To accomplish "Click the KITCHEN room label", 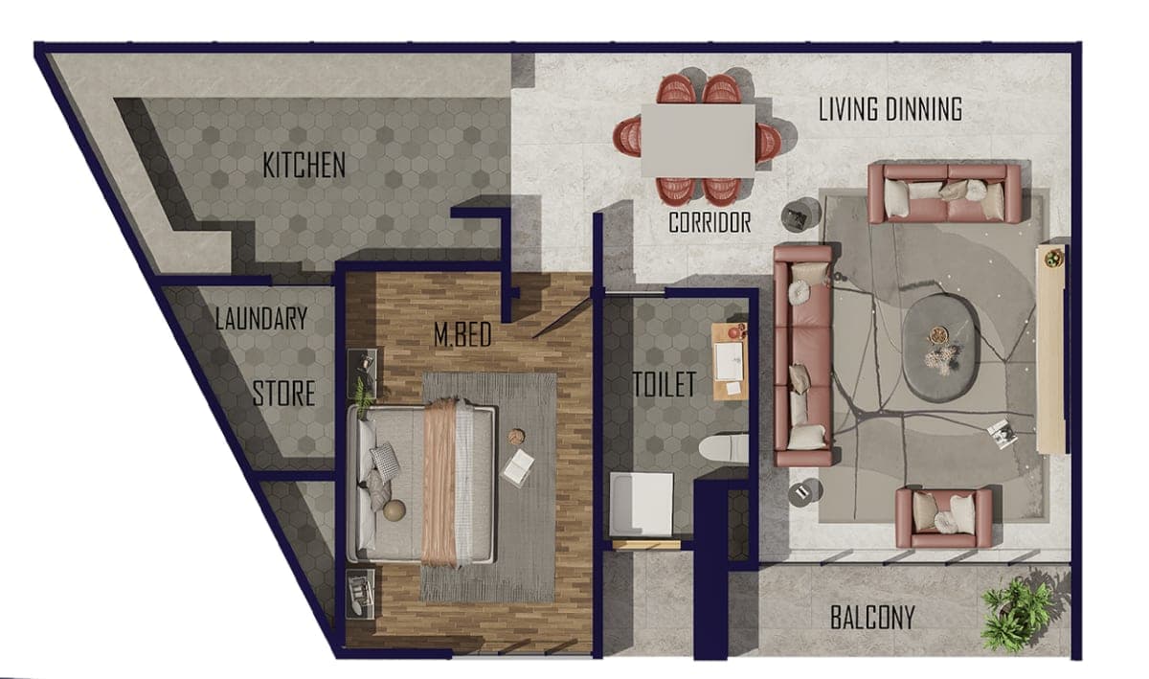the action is pyautogui.click(x=304, y=165).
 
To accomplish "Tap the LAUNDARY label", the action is pyautogui.click(x=261, y=318).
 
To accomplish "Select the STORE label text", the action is pyautogui.click(x=283, y=394).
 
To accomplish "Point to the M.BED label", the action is pyautogui.click(x=462, y=334).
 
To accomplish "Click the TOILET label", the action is pyautogui.click(x=665, y=384).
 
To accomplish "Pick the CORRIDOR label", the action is pyautogui.click(x=710, y=222).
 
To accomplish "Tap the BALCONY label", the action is pyautogui.click(x=872, y=618).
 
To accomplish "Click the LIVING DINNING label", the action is pyautogui.click(x=890, y=109).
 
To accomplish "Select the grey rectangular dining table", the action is pyautogui.click(x=698, y=141).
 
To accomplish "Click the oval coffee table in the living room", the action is pyautogui.click(x=940, y=348).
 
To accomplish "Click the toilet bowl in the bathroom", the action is pyautogui.click(x=723, y=449).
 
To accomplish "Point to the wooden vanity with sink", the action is pyautogui.click(x=730, y=361).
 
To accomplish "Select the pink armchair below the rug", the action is pyautogui.click(x=944, y=517).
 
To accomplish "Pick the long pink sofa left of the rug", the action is pyautogui.click(x=803, y=355).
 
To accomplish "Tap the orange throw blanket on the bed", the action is pyautogui.click(x=439, y=483).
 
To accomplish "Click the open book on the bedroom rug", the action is pyautogui.click(x=517, y=466).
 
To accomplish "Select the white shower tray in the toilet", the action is pyautogui.click(x=642, y=505).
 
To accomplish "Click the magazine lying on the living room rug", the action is pyautogui.click(x=1003, y=434).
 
